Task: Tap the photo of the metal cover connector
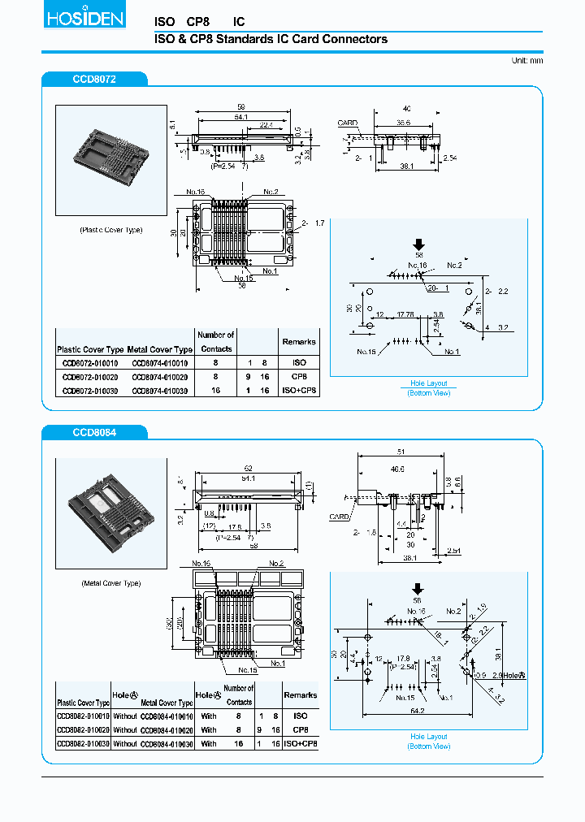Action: tap(110, 514)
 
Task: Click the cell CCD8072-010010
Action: tap(89, 363)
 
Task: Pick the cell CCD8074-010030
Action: tap(159, 391)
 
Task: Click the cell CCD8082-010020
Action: tap(83, 729)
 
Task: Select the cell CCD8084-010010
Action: tap(167, 716)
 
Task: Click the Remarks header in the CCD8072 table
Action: tap(299, 342)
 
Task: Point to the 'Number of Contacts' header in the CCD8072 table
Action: tap(216, 342)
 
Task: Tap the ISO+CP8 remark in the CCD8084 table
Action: tap(301, 743)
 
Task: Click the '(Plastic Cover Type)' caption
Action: tap(110, 230)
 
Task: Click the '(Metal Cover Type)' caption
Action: tap(110, 583)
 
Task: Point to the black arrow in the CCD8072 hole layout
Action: tap(419, 244)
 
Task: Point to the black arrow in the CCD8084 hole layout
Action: tap(418, 589)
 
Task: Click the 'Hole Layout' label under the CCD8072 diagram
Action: tap(428, 383)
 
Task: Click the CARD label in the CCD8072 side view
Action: tap(348, 123)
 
